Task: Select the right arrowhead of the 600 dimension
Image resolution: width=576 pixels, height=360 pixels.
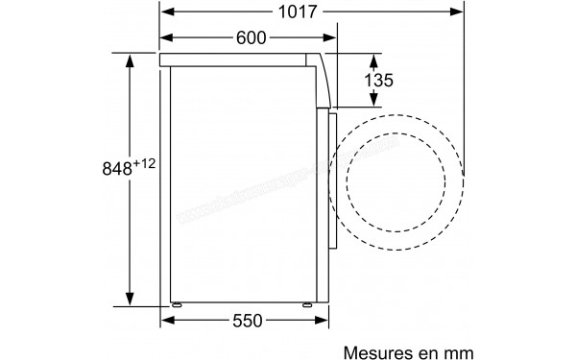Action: click(335, 37)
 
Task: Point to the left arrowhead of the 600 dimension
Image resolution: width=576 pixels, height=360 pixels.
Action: click(165, 37)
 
